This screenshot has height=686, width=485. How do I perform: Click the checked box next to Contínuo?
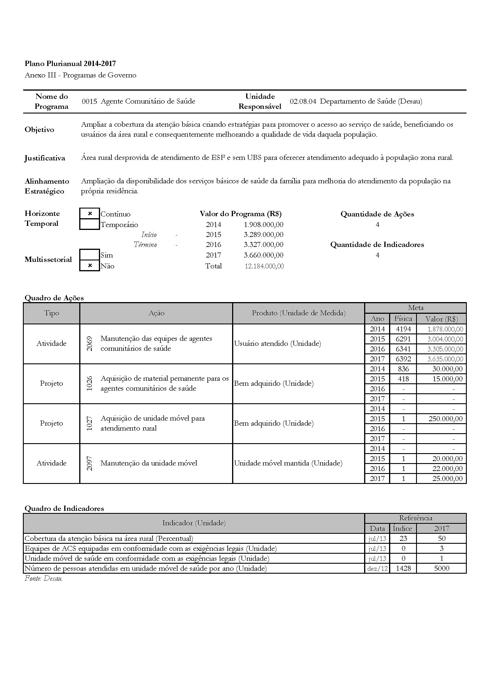point(90,214)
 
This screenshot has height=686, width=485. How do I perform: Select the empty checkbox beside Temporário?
point(90,224)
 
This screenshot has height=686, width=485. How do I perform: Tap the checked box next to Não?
point(90,266)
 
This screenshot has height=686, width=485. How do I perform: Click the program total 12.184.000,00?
point(264,266)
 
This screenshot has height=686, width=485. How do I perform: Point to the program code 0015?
point(89,101)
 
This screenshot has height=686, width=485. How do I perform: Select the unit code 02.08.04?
point(303,101)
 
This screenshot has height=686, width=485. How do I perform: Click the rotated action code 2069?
point(89,344)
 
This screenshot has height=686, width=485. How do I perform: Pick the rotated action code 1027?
point(89,424)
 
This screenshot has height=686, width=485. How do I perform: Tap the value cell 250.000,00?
point(445,419)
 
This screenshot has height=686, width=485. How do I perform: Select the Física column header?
point(403,319)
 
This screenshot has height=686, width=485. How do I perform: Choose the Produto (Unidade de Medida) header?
point(298,313)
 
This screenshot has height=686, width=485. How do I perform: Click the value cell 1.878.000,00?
point(445,329)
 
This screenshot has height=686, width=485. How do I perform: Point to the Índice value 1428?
point(403,568)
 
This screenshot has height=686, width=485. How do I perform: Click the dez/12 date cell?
point(377,569)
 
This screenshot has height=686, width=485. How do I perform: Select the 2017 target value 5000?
point(441,568)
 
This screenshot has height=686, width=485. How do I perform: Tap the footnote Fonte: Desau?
point(44,578)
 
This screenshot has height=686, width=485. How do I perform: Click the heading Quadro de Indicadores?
point(64,509)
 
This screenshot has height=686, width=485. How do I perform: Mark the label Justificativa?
point(45,158)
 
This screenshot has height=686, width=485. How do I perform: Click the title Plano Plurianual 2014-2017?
point(70,63)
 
